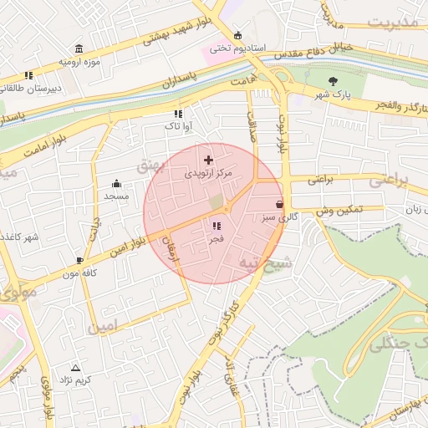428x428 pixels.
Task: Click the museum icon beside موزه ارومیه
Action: coord(79,49)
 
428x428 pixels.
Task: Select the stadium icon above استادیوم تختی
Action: coord(238,35)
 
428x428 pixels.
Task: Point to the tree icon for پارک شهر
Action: coord(334,81)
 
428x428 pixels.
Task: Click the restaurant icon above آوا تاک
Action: coord(177,113)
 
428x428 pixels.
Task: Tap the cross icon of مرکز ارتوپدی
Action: coord(208,159)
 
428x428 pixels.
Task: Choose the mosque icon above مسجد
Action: coord(116,184)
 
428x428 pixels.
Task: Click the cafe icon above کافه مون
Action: coord(80,261)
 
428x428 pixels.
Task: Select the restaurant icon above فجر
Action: coord(217,226)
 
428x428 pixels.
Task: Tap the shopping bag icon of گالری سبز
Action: coord(278,204)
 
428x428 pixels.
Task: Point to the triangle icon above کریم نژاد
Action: coord(76,367)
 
